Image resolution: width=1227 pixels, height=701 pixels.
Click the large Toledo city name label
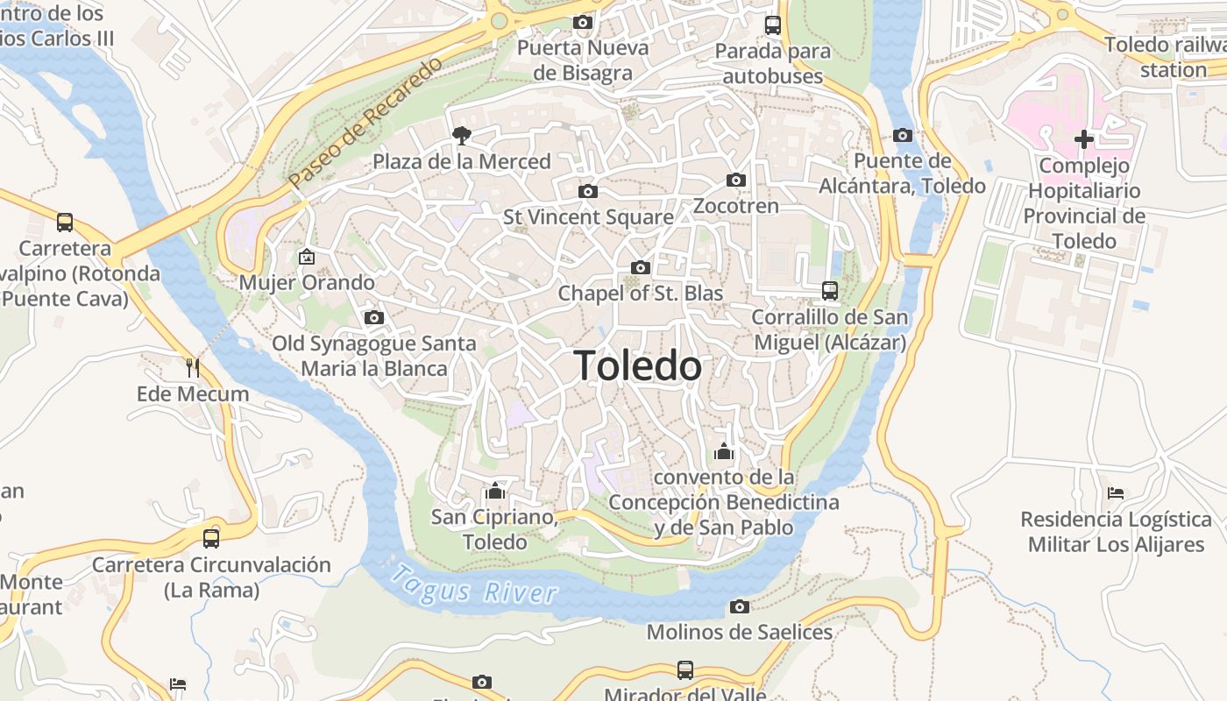638,366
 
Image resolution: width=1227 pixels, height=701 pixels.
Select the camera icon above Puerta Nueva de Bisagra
583,22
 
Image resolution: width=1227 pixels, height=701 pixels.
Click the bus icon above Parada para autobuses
772,25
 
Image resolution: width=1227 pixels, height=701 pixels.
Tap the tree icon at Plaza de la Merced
461,135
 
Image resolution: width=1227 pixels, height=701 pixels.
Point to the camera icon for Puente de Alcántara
903,135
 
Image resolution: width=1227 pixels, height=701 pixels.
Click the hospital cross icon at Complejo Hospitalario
1084,138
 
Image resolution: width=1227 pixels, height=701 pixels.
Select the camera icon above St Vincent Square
588,191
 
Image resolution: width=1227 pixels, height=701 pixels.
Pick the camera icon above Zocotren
736,181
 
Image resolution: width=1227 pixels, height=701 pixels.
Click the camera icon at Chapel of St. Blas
641,267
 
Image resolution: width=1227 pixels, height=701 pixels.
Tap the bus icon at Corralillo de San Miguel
829,290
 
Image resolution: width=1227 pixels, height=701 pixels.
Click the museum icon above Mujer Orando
307,257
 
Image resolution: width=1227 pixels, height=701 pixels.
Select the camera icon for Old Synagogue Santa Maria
374,317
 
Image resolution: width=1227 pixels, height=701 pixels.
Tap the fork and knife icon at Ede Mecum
193,367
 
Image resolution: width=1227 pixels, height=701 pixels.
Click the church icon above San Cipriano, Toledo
495,491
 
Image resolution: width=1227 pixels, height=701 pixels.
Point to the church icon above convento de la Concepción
724,452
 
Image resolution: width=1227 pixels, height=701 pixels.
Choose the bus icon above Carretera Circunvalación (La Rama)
211,538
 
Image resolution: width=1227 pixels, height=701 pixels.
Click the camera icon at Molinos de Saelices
740,606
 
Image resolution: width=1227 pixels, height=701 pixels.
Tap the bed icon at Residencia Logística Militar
1116,493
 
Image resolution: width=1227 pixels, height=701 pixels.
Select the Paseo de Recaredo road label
366,123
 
